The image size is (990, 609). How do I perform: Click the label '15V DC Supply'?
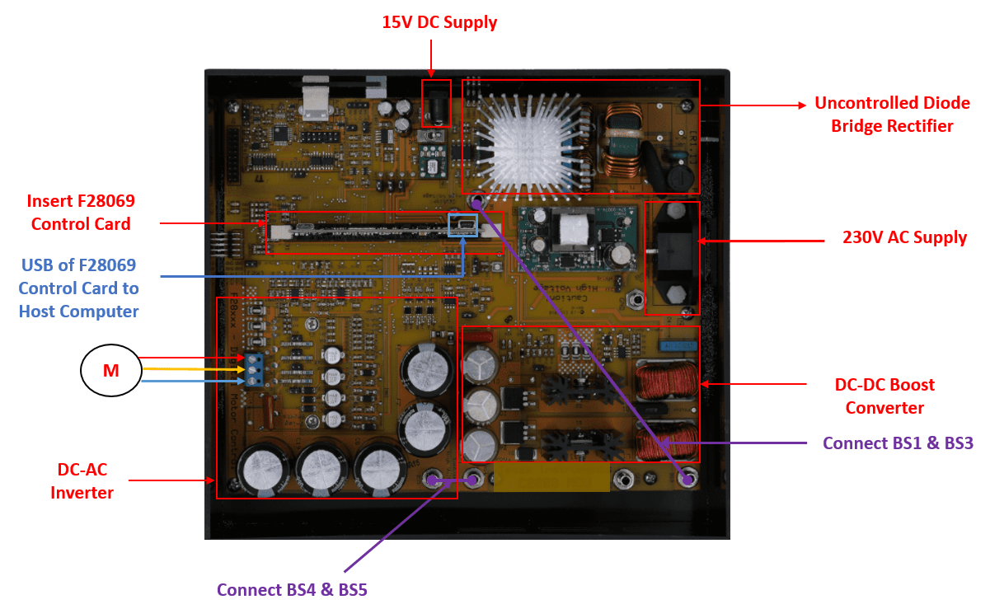tap(439, 22)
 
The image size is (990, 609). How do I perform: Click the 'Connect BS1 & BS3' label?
tap(898, 443)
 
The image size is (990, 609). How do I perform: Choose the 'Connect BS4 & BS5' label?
tap(298, 590)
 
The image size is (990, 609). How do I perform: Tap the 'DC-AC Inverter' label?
tap(82, 481)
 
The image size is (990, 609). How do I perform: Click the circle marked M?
tap(110, 371)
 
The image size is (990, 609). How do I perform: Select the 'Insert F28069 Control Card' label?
tap(81, 212)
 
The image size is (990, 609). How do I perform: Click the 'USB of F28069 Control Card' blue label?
tap(78, 288)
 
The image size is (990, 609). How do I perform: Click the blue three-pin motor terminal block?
tap(254, 370)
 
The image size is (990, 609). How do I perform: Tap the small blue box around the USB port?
tap(462, 225)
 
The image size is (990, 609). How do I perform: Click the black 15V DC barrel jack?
tap(438, 105)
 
